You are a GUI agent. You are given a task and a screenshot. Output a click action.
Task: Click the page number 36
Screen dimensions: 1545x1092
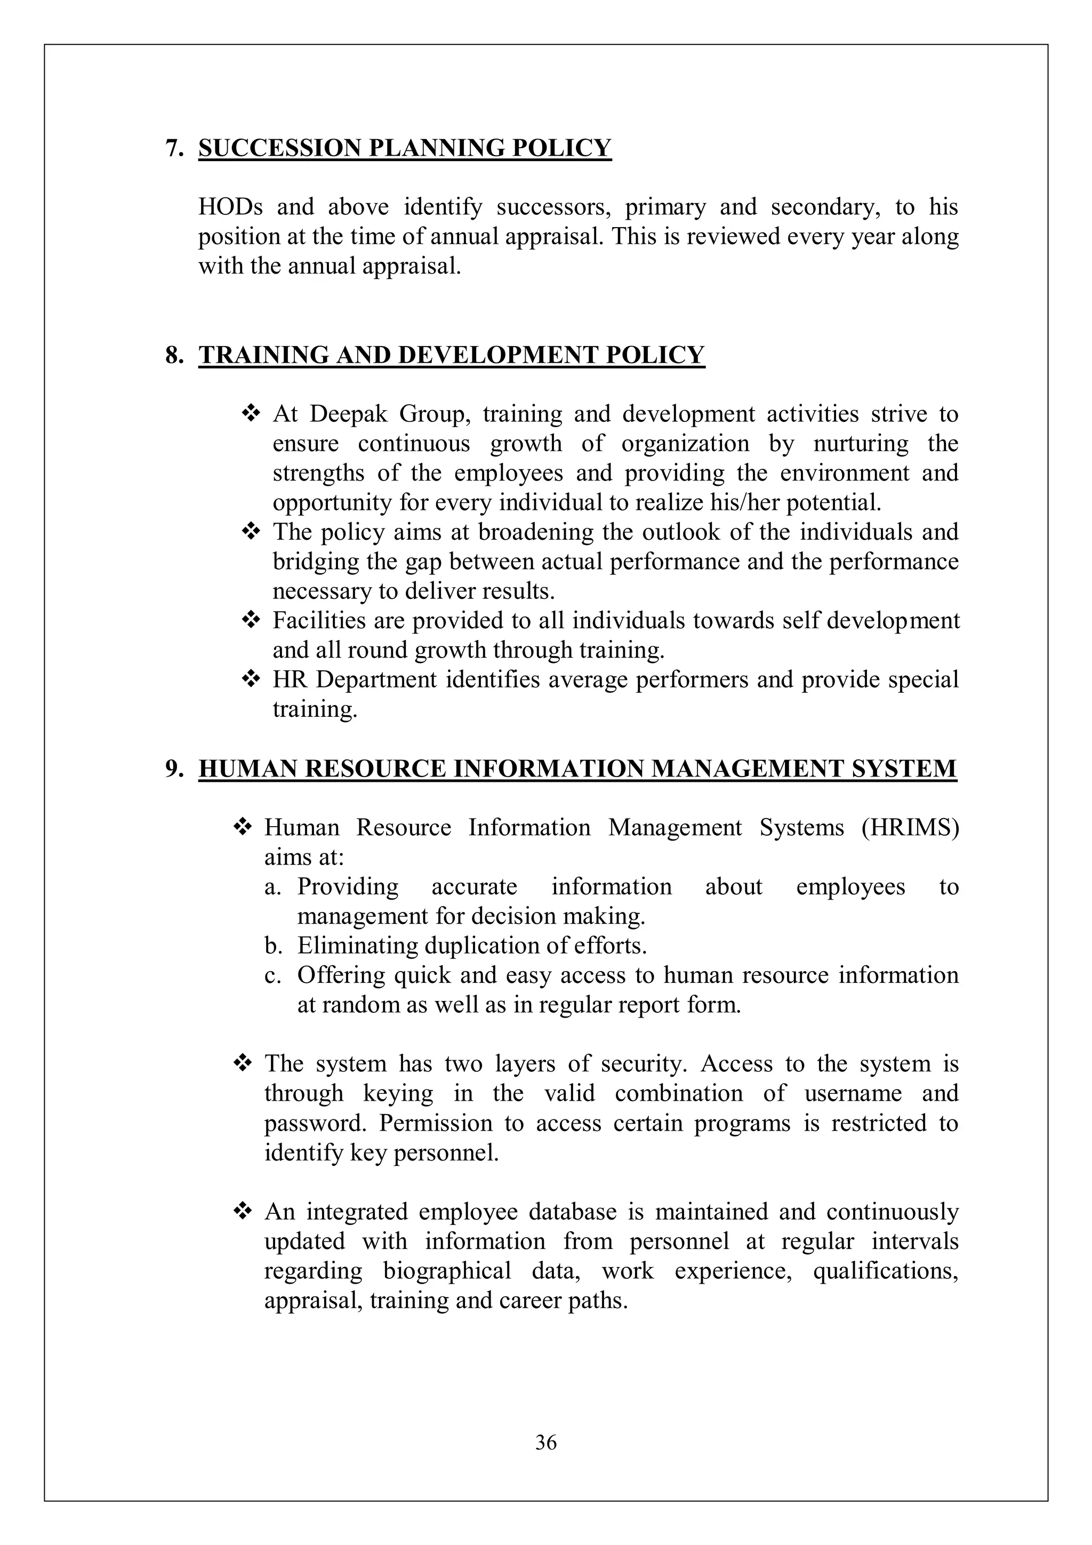tap(545, 1442)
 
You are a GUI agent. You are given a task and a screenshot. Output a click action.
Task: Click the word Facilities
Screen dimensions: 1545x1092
tap(321, 620)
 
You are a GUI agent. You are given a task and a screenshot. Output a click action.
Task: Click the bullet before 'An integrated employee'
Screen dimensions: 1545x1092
tap(242, 1212)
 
